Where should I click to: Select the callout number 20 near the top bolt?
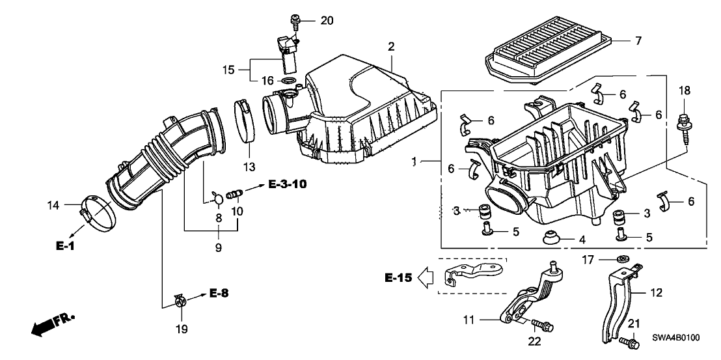click(x=327, y=20)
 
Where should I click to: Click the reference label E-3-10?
click(x=287, y=186)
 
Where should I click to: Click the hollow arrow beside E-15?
click(x=427, y=279)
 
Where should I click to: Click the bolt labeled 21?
click(x=628, y=340)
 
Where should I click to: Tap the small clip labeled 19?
click(x=180, y=300)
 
